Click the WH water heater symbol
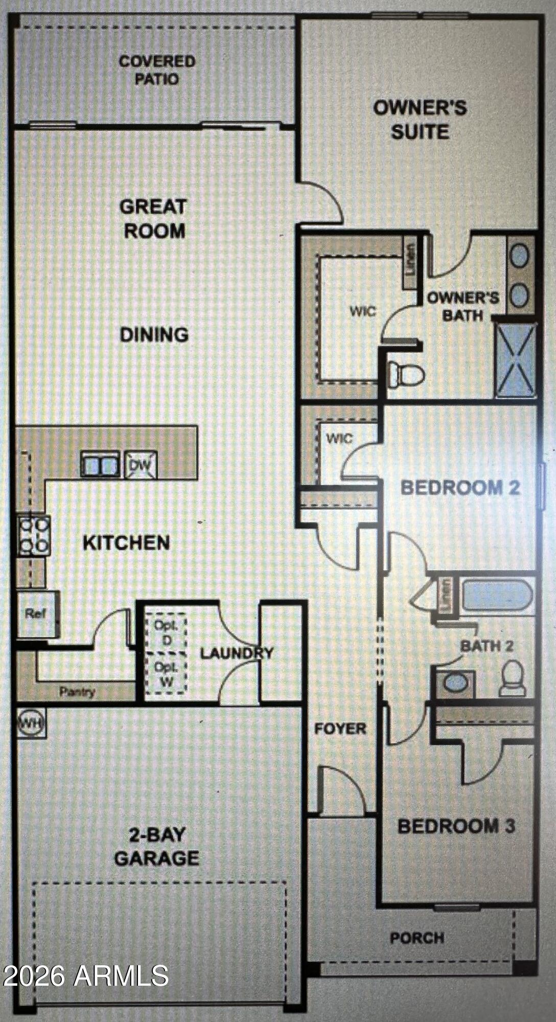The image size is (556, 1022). point(32,723)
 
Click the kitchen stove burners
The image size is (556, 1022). point(34,536)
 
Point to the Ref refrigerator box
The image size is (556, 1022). point(37,614)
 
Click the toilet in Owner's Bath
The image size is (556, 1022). point(406,375)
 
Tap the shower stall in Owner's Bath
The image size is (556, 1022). point(516,360)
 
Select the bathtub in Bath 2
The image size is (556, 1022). point(497,596)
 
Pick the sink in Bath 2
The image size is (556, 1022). point(455,683)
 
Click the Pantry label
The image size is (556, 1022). point(77,692)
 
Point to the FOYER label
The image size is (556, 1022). point(340,729)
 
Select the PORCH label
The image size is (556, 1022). point(417,938)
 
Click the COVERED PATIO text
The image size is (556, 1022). point(157,70)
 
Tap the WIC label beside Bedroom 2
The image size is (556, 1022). point(339,438)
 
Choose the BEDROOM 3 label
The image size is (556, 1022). point(456,826)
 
